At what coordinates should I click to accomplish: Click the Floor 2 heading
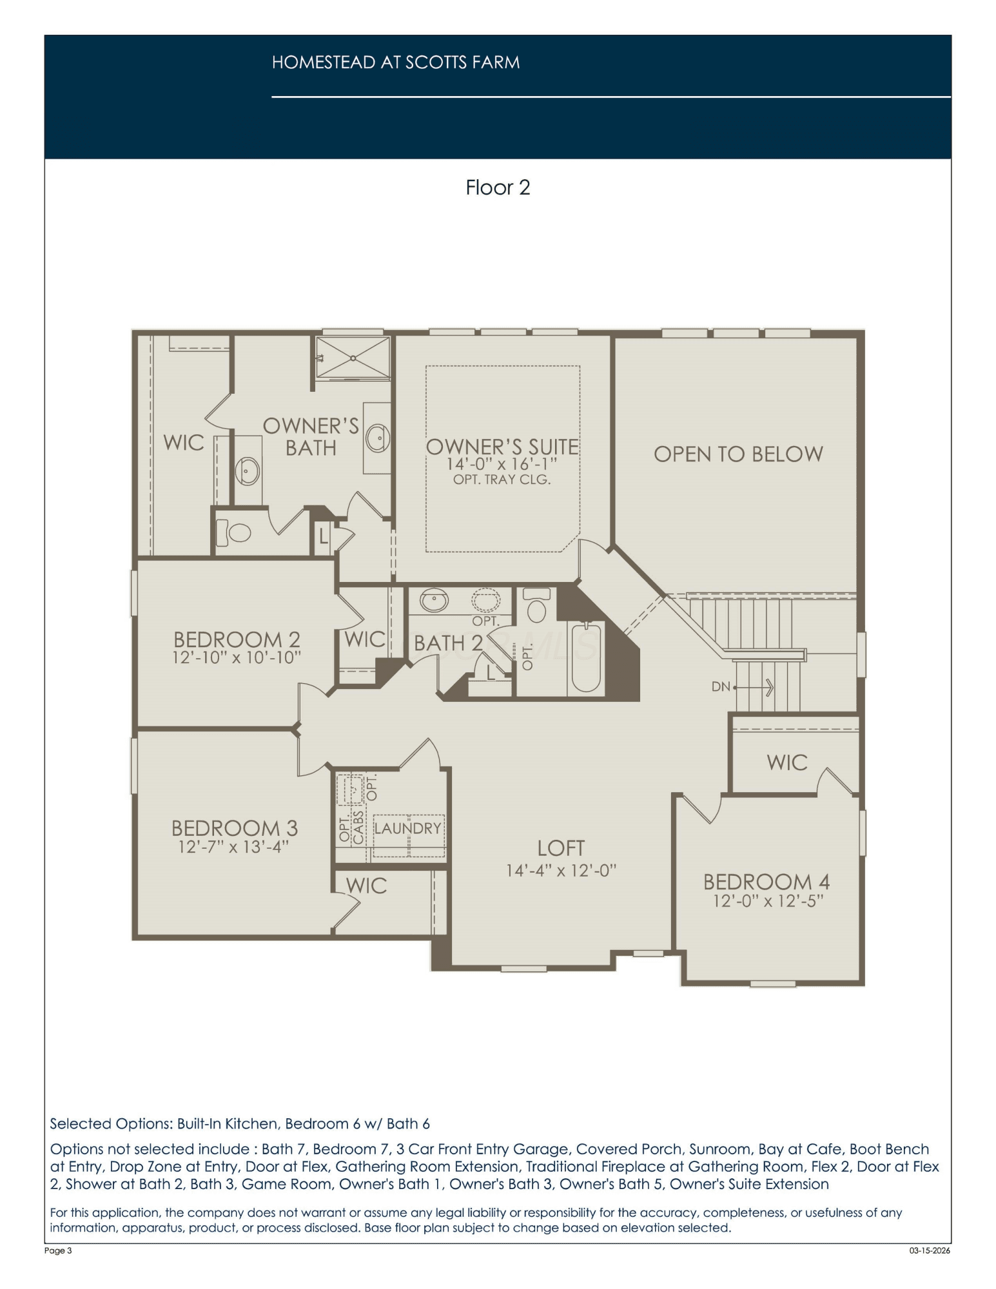tap(498, 188)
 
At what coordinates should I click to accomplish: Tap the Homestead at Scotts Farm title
tap(396, 63)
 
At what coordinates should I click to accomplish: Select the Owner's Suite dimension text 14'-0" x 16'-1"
tap(502, 464)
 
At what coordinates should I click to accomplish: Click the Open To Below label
tap(738, 454)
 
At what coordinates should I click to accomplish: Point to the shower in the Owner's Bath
tap(353, 358)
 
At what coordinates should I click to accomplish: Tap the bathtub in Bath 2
tap(586, 657)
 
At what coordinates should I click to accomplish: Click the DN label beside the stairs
tap(720, 687)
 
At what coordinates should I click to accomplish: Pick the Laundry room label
tap(407, 828)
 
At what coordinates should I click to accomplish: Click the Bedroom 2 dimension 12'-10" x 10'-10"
tap(237, 657)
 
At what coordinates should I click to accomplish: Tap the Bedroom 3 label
tap(235, 828)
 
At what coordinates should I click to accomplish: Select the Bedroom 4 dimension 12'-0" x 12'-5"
tap(767, 901)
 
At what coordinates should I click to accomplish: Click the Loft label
tap(561, 848)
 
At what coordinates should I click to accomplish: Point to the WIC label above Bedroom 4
tap(787, 763)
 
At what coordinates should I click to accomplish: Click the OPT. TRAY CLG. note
tap(502, 480)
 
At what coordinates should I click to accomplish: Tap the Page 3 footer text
tap(58, 1251)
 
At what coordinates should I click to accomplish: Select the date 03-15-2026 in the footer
tap(930, 1251)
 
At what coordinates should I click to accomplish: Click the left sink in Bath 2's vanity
tap(434, 601)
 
